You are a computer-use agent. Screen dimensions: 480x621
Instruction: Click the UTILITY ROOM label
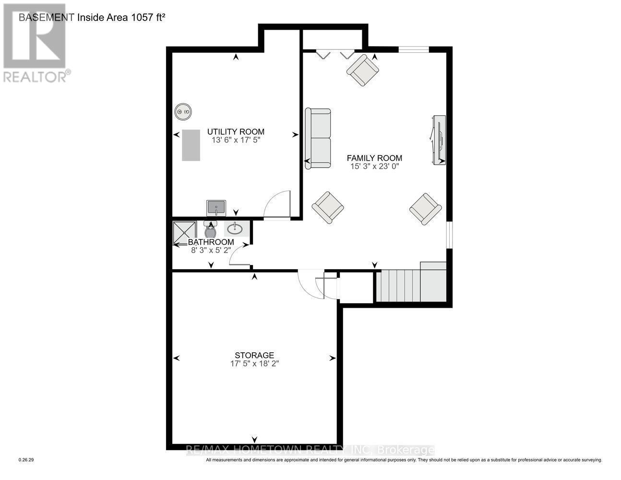pos(236,132)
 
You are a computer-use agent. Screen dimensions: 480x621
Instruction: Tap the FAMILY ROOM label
pos(374,158)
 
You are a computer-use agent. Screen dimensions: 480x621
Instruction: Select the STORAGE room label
pos(254,355)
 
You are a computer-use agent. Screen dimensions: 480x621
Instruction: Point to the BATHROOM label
pos(211,242)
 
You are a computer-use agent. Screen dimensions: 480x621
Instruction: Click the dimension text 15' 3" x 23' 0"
pos(374,167)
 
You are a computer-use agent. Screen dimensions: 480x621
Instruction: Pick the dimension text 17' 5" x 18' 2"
pos(254,364)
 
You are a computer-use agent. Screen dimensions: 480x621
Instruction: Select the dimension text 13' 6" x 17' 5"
pos(236,141)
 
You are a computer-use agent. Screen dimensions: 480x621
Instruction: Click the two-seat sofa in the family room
pos(318,138)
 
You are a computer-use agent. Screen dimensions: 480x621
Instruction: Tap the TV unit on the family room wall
pos(439,140)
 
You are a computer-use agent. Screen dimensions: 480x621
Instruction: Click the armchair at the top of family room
pos(363,70)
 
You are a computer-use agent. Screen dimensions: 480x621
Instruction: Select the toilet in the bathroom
pos(210,230)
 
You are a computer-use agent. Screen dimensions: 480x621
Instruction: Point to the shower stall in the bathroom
pos(185,232)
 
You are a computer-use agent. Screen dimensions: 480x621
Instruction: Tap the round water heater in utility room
pos(182,112)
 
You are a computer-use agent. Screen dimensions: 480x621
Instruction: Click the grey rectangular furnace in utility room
pos(191,145)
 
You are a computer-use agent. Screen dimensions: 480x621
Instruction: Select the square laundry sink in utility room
pos(216,208)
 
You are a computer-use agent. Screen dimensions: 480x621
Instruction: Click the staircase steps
pos(398,286)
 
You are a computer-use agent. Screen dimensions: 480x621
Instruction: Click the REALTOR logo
pos(35,43)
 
